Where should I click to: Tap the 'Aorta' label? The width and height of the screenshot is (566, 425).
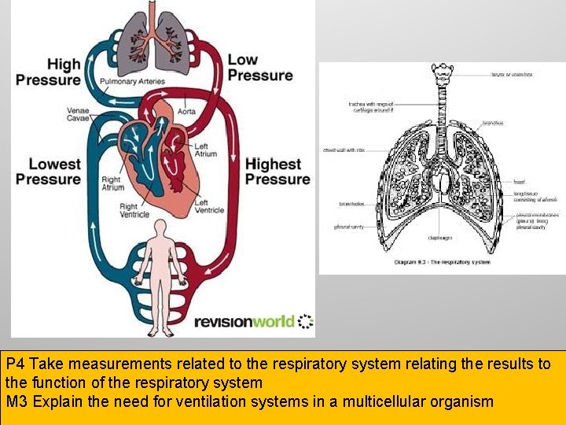187,112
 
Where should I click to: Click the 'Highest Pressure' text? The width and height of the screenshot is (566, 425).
277,172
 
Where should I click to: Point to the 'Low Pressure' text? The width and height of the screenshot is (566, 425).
259,68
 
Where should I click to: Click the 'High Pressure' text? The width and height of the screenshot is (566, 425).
48,72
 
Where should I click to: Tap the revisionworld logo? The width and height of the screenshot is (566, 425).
253,321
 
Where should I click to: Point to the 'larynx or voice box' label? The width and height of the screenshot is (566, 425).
512,74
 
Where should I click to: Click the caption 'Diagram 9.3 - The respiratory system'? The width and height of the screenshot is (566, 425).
443,261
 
